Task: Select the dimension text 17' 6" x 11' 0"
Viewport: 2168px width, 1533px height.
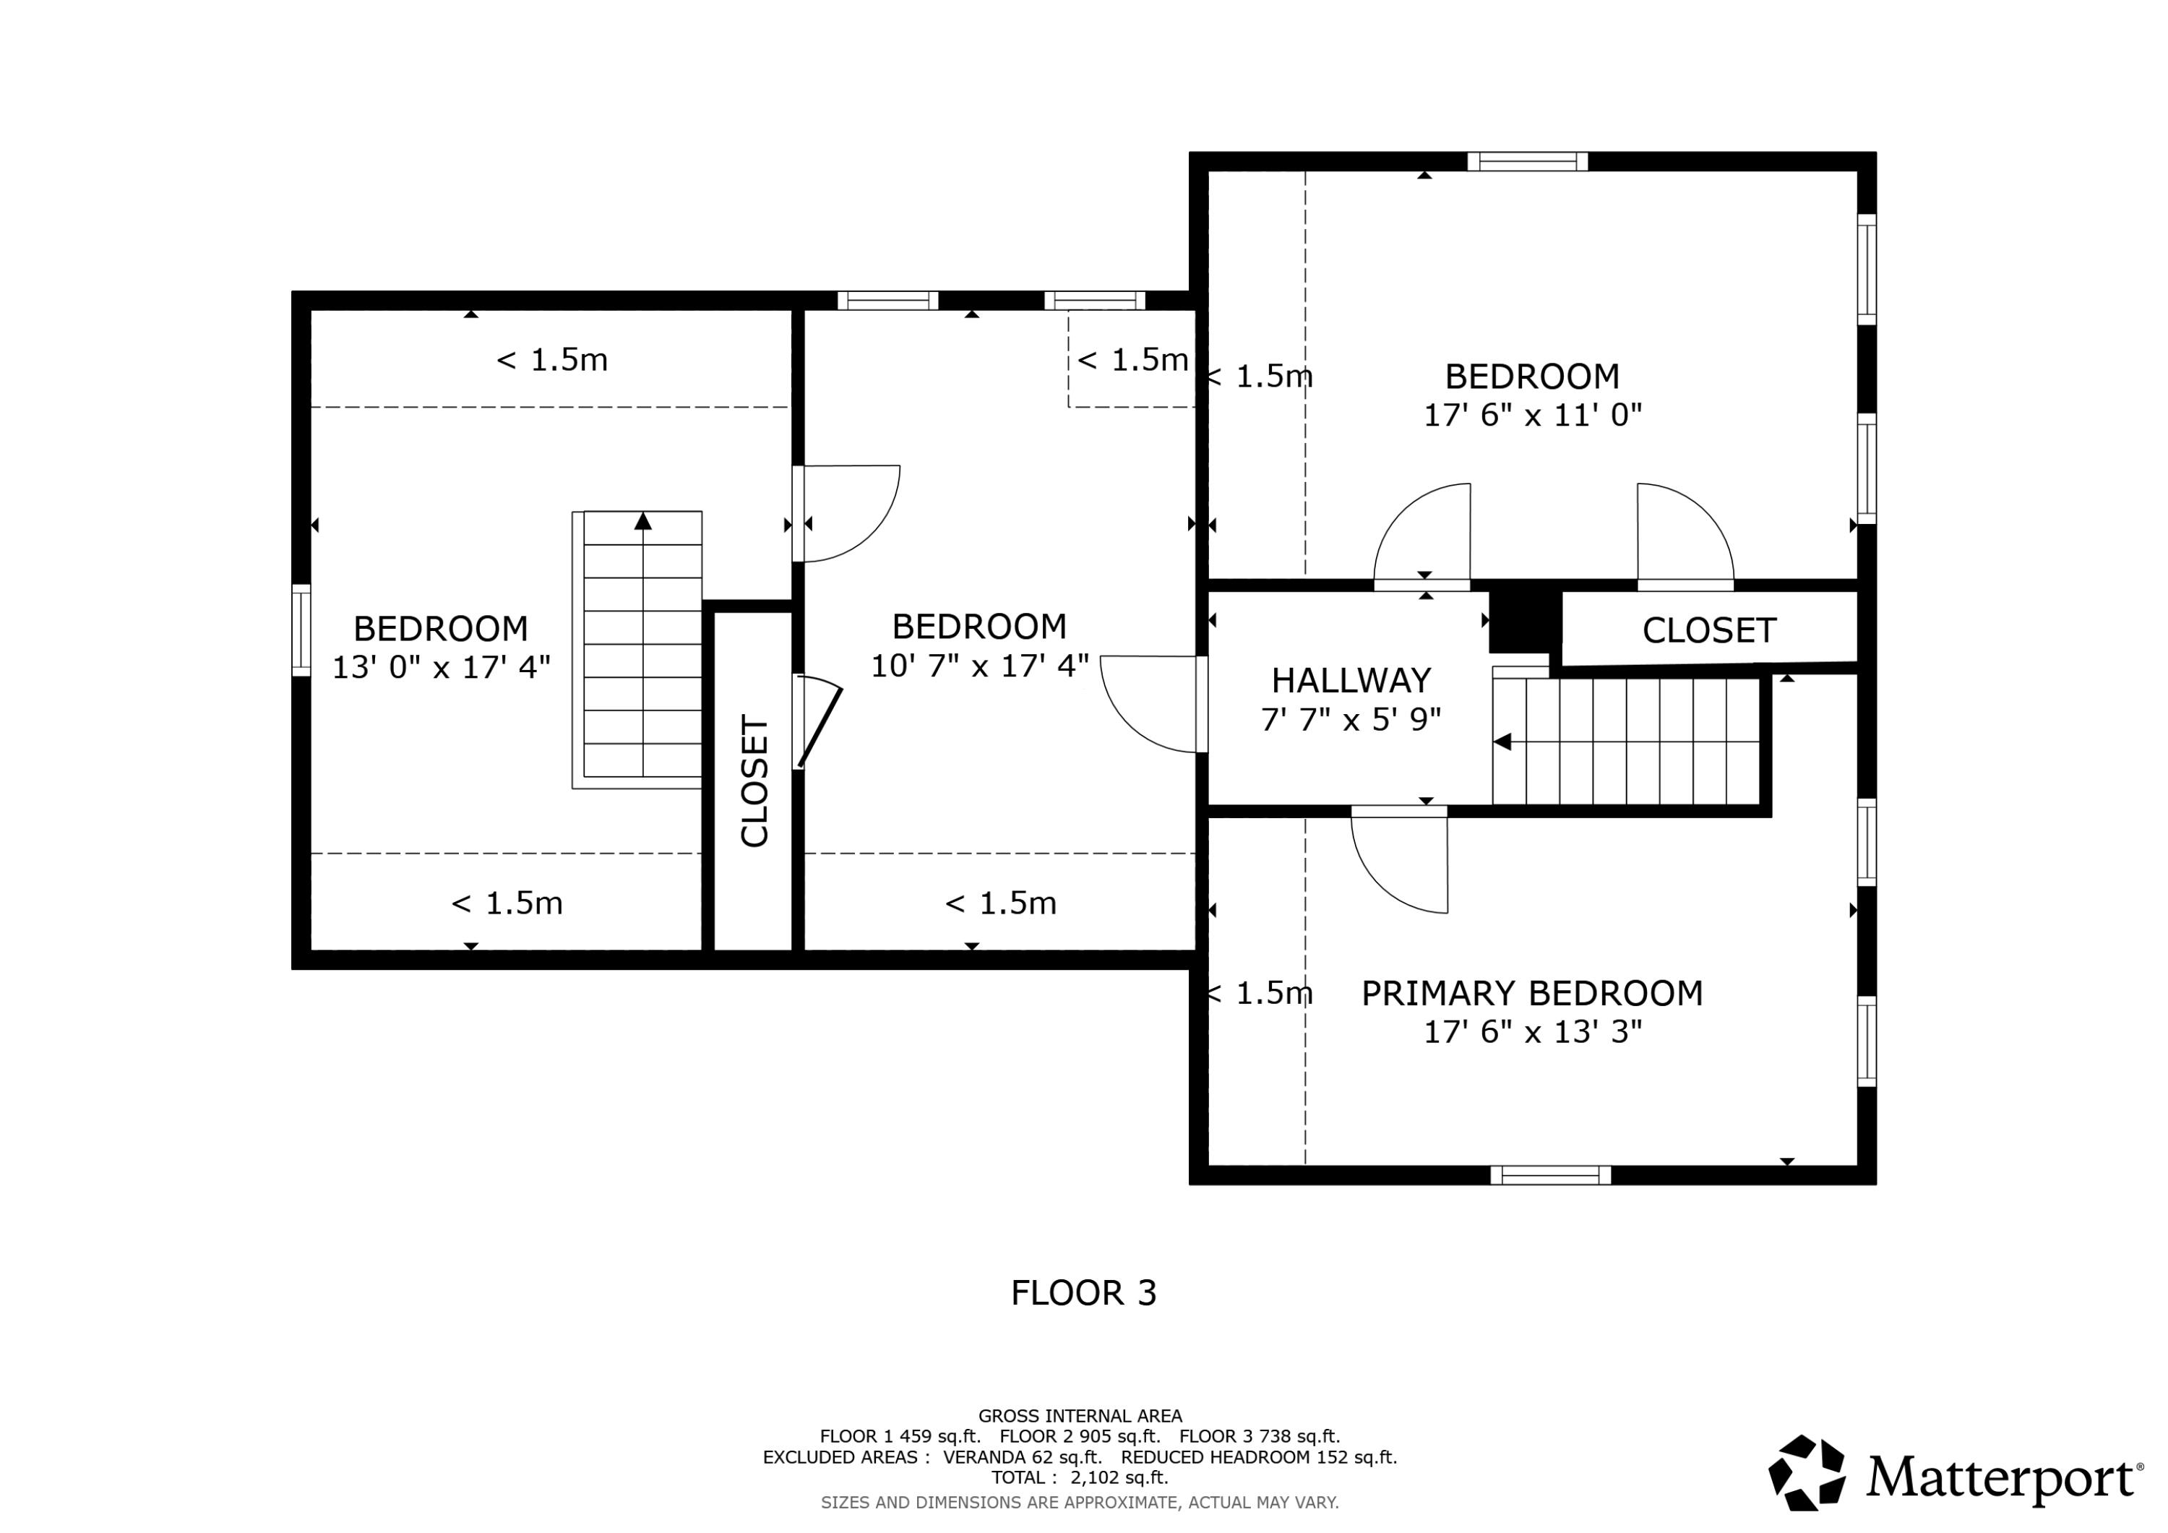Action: (1533, 415)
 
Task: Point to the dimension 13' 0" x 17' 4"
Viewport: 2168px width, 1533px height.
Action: (441, 667)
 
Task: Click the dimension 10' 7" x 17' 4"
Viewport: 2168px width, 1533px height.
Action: (979, 666)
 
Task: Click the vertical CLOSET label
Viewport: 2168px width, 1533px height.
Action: (754, 780)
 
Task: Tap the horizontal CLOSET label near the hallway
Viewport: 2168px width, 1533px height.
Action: (1709, 630)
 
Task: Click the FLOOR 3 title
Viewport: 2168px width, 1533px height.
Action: (1083, 1293)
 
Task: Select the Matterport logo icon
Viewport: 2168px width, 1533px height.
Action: (1807, 1474)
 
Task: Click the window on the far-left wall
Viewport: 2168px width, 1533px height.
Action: (301, 630)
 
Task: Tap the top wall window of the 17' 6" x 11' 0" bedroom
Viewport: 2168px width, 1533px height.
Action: (1527, 161)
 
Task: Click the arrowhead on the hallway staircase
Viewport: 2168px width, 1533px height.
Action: (1502, 742)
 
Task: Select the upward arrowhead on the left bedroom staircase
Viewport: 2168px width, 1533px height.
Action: (643, 520)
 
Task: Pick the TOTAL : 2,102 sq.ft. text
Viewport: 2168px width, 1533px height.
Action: (1079, 1477)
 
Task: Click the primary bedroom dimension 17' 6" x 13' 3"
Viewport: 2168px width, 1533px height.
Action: (1533, 1032)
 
